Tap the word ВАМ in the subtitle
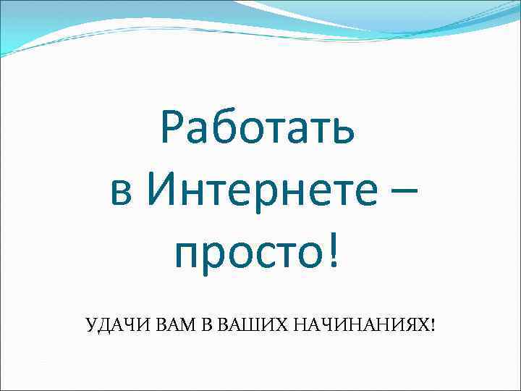coord(171,324)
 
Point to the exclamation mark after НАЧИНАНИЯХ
coord(433,324)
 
